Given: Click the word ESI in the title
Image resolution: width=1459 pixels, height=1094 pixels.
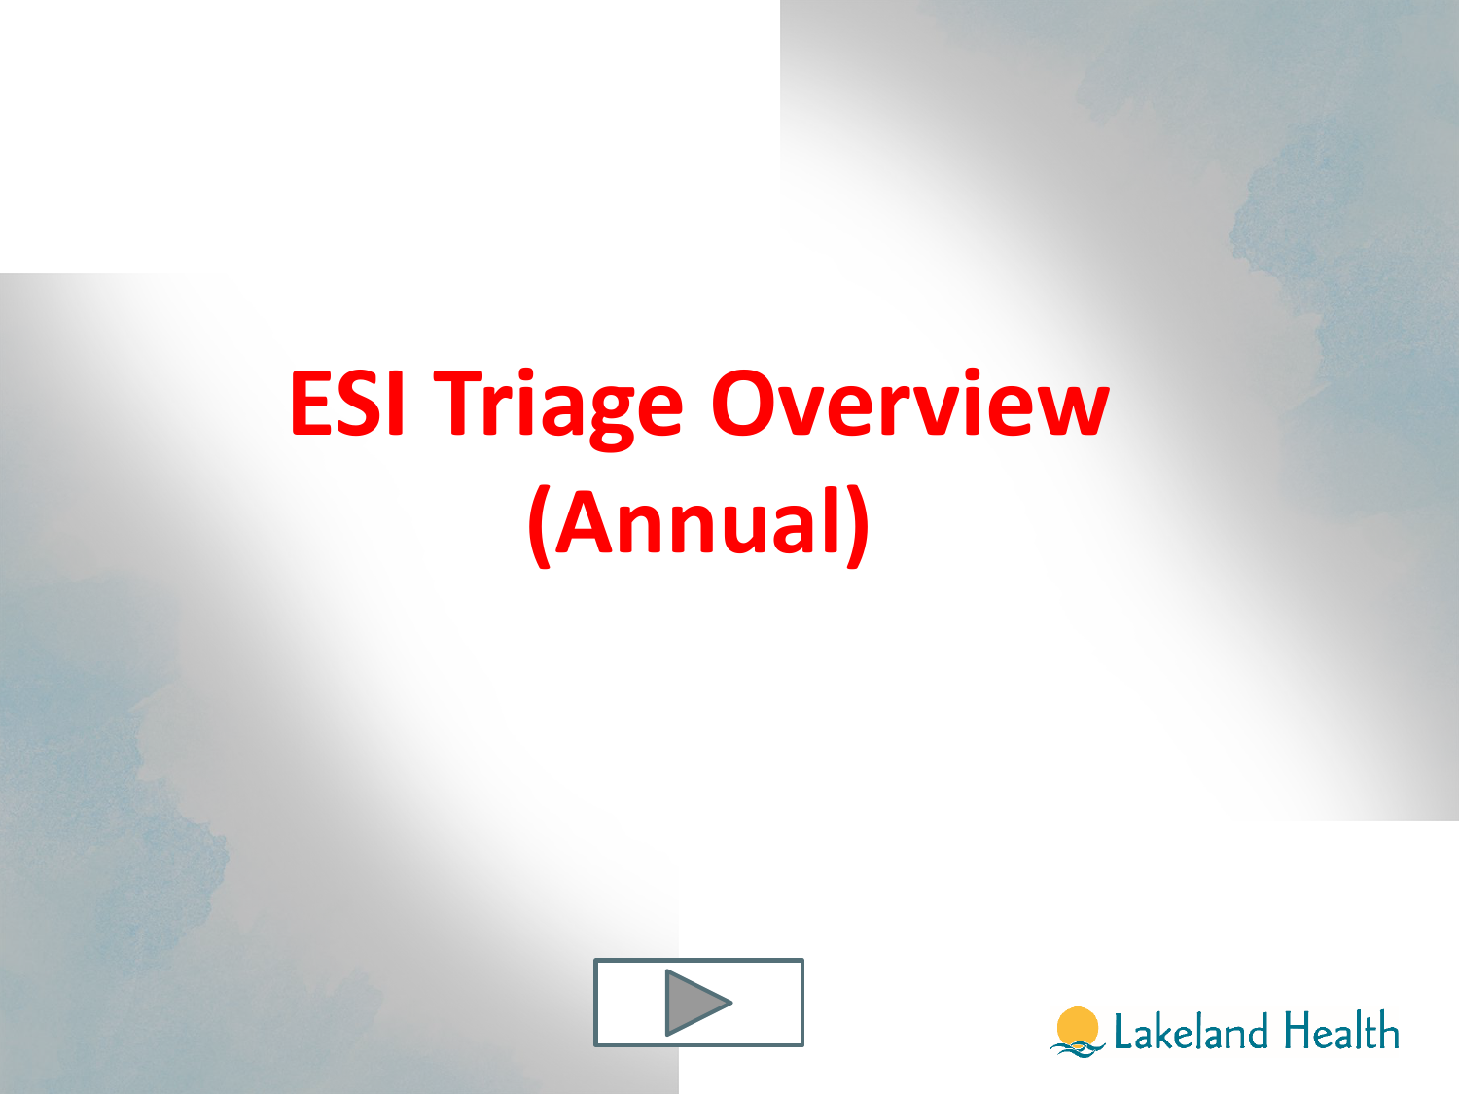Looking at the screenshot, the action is (347, 403).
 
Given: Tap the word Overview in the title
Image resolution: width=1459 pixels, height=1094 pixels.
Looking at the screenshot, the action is (910, 403).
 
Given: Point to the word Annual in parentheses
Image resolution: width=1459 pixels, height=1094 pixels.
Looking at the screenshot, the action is (698, 521).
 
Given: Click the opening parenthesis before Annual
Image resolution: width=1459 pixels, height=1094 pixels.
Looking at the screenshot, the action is (540, 525).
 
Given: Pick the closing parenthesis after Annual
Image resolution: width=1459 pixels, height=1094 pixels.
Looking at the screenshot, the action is (858, 525).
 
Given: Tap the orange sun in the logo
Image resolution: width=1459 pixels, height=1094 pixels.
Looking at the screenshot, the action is (1077, 1026).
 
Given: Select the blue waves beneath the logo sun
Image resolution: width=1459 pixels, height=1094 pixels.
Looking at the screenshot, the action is (1077, 1049).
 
